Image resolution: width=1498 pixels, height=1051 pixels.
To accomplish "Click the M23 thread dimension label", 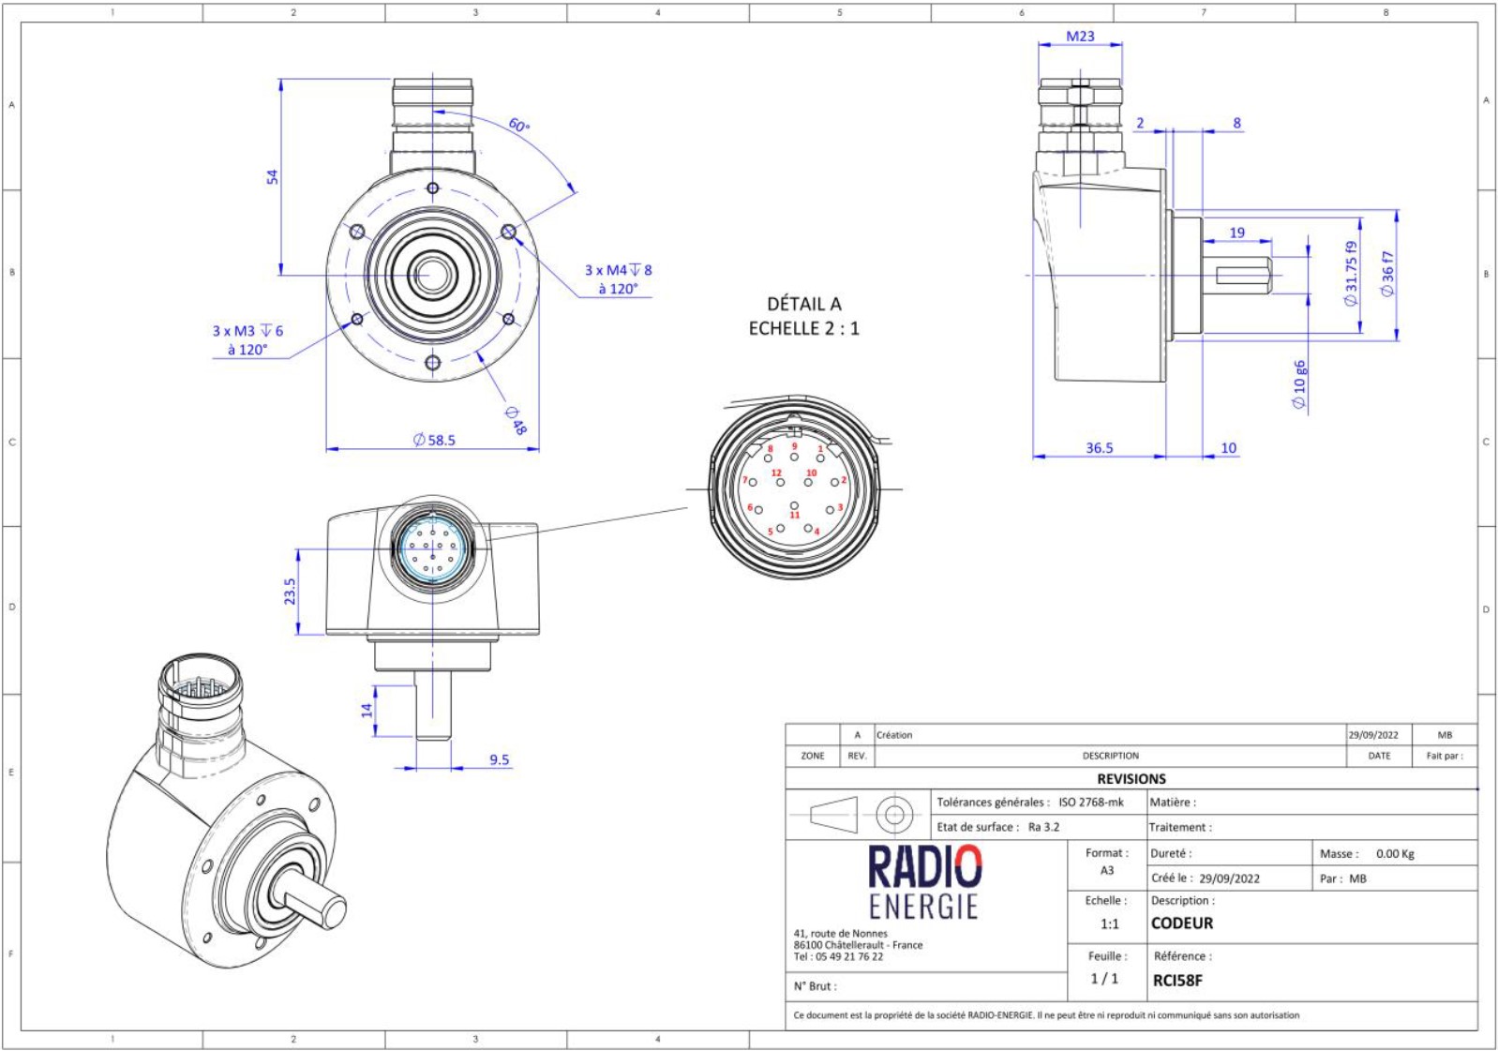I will [x=1080, y=37].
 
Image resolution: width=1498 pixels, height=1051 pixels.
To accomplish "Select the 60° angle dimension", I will [x=518, y=125].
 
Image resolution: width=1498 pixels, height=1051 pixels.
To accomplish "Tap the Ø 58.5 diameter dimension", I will [x=435, y=440].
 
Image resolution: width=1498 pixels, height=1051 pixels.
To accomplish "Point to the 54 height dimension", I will [x=272, y=176].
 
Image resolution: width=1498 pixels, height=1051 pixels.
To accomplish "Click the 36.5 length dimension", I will [x=1099, y=448].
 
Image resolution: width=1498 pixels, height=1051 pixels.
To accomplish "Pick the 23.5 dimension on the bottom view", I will [x=290, y=591].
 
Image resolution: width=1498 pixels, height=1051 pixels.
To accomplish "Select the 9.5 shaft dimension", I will [x=499, y=759].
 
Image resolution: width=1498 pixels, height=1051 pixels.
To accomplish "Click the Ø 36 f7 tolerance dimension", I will [x=1387, y=274].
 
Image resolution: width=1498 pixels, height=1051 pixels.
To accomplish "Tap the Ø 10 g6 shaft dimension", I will [x=1299, y=384].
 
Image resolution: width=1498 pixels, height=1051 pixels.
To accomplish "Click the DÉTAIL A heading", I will [x=803, y=304].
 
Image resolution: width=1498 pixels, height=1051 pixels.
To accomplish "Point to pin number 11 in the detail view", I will [x=794, y=515].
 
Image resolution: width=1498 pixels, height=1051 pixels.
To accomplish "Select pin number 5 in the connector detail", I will [x=771, y=532].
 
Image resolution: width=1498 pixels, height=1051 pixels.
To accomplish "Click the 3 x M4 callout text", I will [x=618, y=270].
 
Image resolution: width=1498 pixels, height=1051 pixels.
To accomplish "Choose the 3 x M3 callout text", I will [x=247, y=331].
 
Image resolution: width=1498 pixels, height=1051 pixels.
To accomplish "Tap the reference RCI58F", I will [x=1177, y=981].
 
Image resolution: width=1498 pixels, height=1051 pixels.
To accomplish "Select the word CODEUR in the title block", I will [x=1181, y=923].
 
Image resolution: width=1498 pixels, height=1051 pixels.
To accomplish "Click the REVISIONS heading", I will [x=1131, y=779].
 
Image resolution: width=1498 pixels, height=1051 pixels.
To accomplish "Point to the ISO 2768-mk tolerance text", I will [x=1090, y=803].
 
